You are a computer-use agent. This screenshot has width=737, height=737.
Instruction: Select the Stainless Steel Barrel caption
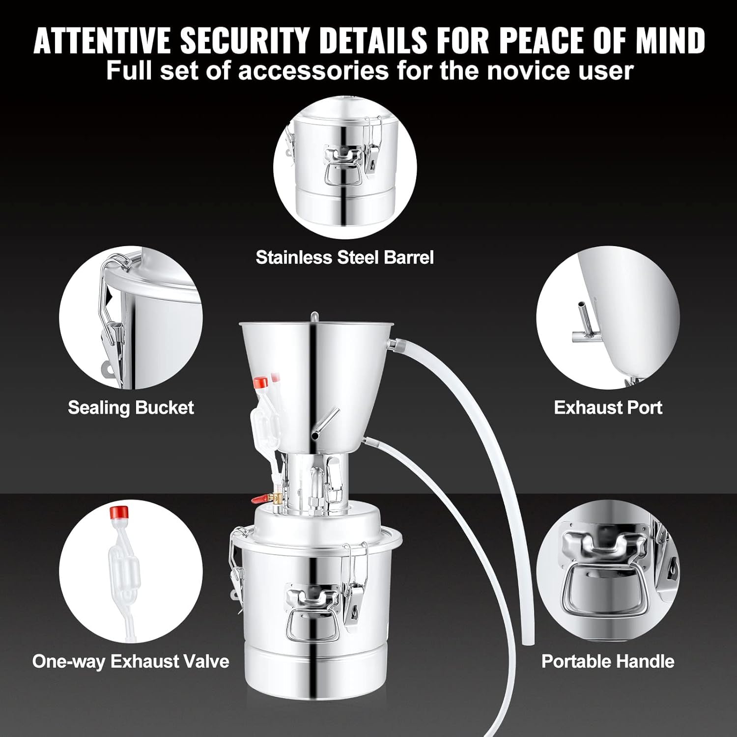345,257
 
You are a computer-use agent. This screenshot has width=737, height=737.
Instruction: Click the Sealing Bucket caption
131,407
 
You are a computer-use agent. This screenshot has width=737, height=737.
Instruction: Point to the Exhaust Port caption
608,407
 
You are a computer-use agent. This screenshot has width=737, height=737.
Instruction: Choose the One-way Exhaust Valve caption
131,661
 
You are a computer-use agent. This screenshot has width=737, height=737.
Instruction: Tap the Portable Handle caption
608,661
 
